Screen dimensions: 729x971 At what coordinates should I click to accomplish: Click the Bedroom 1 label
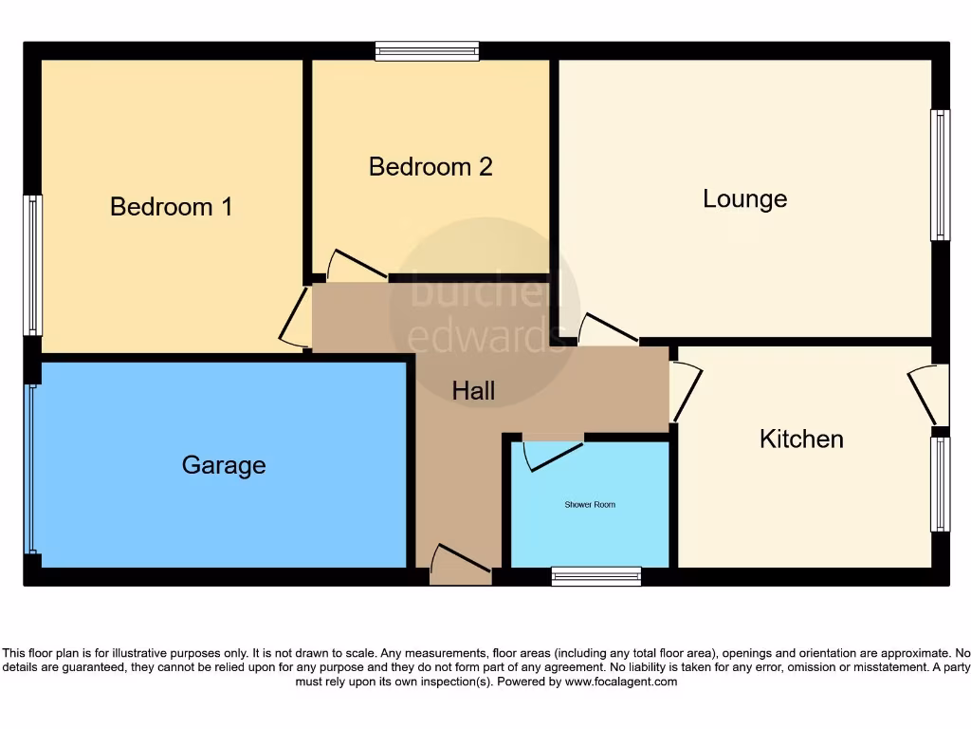tap(172, 206)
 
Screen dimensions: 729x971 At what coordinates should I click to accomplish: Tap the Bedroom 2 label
tap(431, 167)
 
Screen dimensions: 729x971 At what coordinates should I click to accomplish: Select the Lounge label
tap(744, 198)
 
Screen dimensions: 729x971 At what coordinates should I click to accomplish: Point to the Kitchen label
tap(801, 439)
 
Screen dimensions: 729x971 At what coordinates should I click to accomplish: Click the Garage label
tap(224, 465)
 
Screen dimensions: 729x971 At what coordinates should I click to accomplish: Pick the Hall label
tap(473, 390)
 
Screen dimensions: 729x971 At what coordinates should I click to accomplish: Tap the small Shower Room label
tap(590, 505)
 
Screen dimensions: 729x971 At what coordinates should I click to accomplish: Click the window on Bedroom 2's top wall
tap(427, 51)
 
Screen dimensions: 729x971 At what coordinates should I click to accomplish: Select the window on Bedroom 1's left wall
tap(33, 266)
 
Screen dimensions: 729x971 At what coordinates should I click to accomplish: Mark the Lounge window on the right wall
tap(940, 176)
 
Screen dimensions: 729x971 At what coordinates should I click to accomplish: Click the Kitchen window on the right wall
tap(940, 484)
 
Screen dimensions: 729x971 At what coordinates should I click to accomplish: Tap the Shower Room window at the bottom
tap(596, 576)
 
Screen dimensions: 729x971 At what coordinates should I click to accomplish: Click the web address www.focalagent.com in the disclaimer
tap(620, 682)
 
